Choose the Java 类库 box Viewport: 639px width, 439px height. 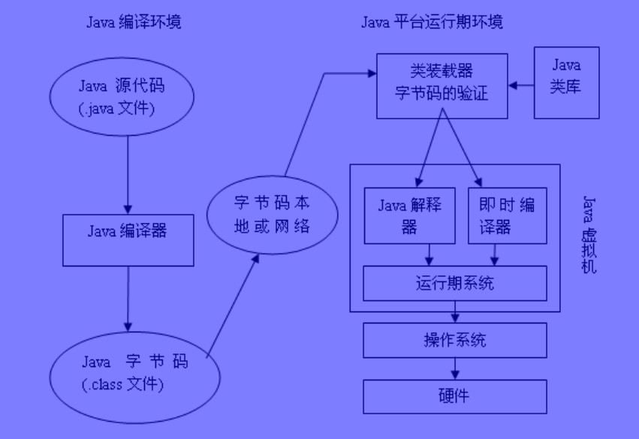tap(566, 83)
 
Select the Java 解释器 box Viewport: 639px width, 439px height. tap(409, 215)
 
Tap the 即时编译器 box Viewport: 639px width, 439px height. tap(507, 215)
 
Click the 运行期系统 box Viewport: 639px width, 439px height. tap(455, 284)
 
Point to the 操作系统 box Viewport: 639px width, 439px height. tap(455, 340)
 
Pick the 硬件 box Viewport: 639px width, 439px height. tap(455, 395)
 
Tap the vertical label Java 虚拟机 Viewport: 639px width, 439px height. tap(589, 233)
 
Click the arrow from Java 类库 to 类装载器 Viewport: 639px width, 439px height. tap(521, 84)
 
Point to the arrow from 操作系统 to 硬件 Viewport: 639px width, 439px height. tap(455, 368)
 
